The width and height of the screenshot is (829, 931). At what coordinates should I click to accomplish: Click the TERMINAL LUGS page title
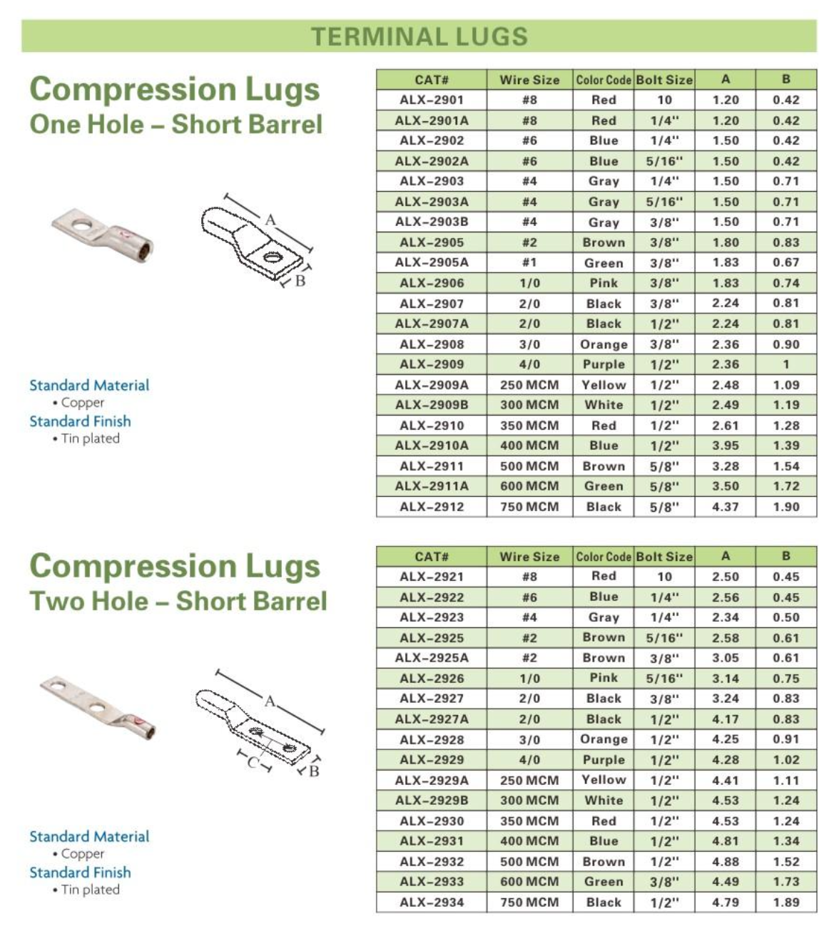pos(419,36)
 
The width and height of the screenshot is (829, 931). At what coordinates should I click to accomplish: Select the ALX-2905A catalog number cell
pos(432,262)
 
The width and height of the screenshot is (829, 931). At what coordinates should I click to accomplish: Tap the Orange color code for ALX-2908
pos(604,344)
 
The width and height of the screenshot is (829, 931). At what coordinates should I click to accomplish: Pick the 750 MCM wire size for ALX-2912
pos(529,507)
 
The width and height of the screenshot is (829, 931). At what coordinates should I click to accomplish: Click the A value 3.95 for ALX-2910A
pos(726,446)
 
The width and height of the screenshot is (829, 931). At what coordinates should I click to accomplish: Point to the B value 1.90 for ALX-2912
pos(785,507)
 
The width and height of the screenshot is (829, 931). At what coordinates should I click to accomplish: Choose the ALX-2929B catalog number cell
pos(432,801)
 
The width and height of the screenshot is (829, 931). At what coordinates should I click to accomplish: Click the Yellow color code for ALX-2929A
pos(604,780)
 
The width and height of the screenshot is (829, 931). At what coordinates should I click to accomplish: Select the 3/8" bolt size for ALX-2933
pos(664,882)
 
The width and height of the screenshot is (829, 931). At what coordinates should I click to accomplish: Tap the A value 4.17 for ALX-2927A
pos(726,719)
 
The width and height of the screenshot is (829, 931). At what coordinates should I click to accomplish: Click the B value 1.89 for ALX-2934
pos(785,902)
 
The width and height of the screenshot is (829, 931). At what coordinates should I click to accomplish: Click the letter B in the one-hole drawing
pos(300,281)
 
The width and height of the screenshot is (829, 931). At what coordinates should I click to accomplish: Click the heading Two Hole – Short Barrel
pos(178,601)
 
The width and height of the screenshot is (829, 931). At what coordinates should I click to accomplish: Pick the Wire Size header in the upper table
pos(529,80)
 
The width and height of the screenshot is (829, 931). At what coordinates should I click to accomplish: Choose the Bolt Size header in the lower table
pos(664,557)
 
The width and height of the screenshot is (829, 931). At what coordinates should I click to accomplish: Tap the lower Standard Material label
pos(89,836)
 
